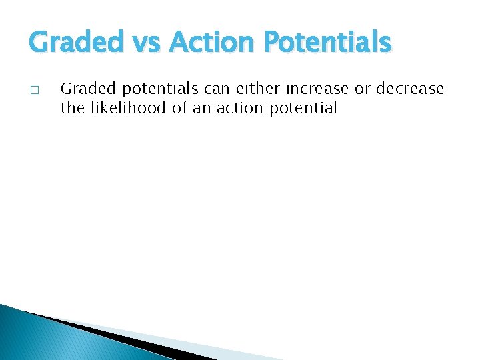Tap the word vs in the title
[x=151, y=43]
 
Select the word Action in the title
[x=213, y=43]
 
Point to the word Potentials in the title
[x=327, y=43]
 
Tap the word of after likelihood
[x=179, y=107]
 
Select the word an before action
[x=202, y=108]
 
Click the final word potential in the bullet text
[x=304, y=108]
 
